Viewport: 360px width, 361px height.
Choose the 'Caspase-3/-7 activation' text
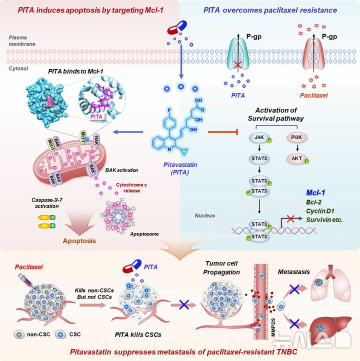click(x=37, y=202)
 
